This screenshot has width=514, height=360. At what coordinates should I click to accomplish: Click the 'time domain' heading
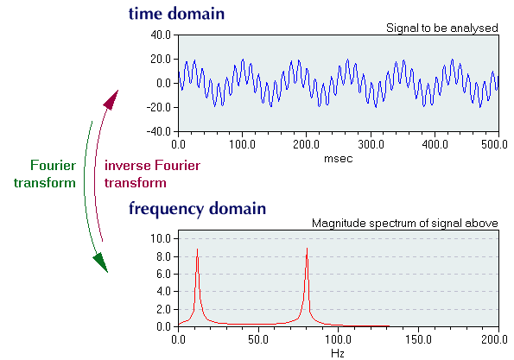(x=176, y=14)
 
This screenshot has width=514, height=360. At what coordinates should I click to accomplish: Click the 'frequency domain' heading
(x=197, y=209)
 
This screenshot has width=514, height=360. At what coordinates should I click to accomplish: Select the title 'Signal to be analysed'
(x=442, y=28)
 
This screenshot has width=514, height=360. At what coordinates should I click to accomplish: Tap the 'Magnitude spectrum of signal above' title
(x=405, y=223)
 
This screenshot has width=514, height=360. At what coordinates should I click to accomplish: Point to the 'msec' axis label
(x=339, y=159)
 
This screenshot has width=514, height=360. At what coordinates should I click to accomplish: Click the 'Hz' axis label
(x=338, y=353)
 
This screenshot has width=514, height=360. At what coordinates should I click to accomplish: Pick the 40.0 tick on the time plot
(x=161, y=35)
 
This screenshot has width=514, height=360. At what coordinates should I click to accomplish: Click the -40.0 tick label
(x=159, y=132)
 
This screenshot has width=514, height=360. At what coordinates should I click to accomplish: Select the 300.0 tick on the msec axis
(x=371, y=144)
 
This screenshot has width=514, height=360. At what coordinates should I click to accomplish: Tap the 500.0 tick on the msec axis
(x=494, y=144)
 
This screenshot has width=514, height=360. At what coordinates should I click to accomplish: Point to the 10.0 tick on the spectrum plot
(x=161, y=238)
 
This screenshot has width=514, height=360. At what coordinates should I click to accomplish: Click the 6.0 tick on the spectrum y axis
(x=163, y=274)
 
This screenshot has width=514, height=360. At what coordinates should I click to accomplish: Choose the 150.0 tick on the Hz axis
(x=418, y=339)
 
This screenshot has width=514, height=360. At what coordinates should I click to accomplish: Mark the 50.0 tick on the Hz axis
(x=258, y=339)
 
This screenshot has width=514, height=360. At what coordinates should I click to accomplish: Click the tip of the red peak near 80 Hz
(x=307, y=249)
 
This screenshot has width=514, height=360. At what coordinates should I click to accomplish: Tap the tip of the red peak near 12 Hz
(x=197, y=249)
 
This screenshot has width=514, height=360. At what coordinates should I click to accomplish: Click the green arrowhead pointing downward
(x=101, y=262)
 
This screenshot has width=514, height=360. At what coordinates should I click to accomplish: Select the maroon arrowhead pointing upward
(x=111, y=99)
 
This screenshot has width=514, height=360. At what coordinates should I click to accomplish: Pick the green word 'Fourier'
(x=53, y=166)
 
